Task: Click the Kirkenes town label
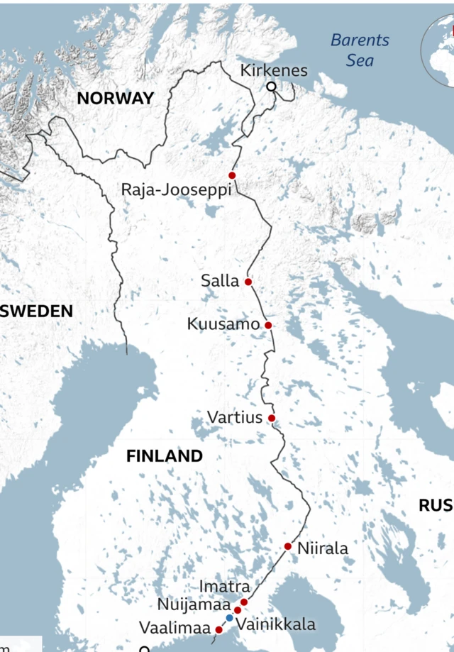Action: point(274,70)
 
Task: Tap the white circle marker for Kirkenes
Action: point(271,87)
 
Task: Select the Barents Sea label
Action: point(360,50)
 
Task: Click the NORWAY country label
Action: point(115,99)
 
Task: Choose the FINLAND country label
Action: point(165,455)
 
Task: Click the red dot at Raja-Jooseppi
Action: point(232,175)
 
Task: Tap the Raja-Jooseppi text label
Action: point(177,190)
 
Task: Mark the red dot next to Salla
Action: point(248,282)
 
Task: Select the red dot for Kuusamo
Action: point(268,325)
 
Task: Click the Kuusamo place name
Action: point(223,324)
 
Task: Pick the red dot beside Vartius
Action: point(271,418)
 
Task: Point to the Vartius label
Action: point(235,417)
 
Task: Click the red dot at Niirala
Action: point(287,546)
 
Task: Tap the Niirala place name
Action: point(323,548)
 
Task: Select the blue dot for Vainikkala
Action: point(229,618)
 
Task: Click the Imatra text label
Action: point(224,587)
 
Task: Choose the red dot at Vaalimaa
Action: point(219,629)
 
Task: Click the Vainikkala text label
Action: point(275,625)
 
